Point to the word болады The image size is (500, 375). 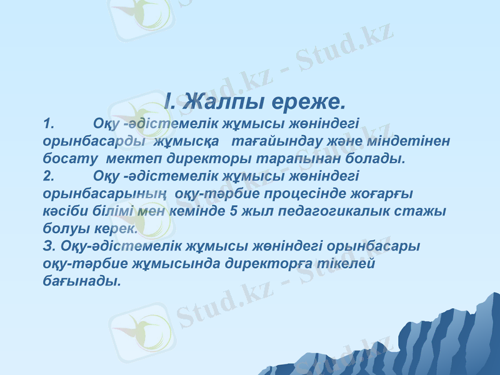pyautogui.click(x=381, y=159)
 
